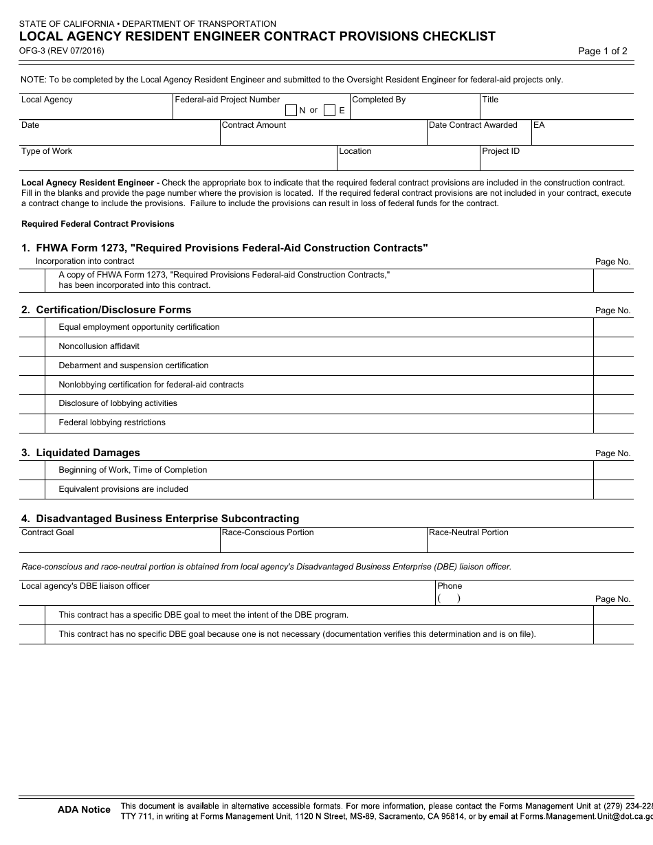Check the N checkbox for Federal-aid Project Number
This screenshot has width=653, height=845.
pos(291,111)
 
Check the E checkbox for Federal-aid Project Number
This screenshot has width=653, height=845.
pos(330,111)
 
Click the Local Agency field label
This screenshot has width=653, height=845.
pos(47,100)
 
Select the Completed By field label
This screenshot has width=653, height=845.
pos(379,100)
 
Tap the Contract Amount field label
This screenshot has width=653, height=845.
pos(254,126)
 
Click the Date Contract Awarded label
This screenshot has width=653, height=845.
pos(473,126)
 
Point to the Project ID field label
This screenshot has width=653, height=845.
pos(500,152)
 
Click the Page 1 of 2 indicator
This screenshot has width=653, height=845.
pos(602,51)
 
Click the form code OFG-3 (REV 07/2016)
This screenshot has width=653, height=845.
pos(62,50)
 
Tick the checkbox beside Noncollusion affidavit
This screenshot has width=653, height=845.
pos(32,347)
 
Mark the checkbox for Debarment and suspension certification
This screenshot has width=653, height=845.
pos(32,366)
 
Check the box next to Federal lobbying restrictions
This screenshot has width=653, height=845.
pos(32,423)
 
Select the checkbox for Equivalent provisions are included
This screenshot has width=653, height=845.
pos(32,490)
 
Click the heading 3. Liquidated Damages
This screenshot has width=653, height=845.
pos(80,453)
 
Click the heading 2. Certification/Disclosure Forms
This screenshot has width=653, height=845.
pos(106,310)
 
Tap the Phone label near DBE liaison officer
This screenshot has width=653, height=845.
pos(450,587)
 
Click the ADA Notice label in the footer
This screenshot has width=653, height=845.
pos(84,810)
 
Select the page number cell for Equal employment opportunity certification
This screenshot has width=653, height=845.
pos(613,328)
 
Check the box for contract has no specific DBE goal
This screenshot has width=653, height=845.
pos(32,635)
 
